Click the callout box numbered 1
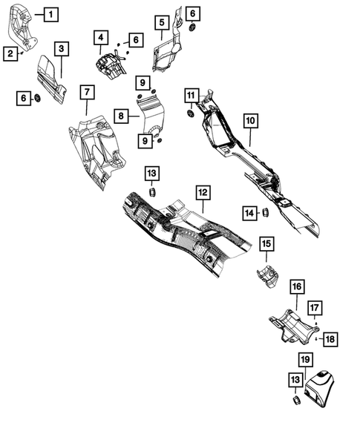[50, 13]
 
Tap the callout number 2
[10, 53]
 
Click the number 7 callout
[87, 92]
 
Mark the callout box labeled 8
[120, 115]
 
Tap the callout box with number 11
[191, 96]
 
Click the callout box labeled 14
[249, 214]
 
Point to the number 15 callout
[266, 243]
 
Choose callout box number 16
[296, 286]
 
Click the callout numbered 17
[315, 307]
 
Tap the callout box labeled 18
[330, 338]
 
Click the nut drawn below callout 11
[190, 114]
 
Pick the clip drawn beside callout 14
[264, 214]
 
